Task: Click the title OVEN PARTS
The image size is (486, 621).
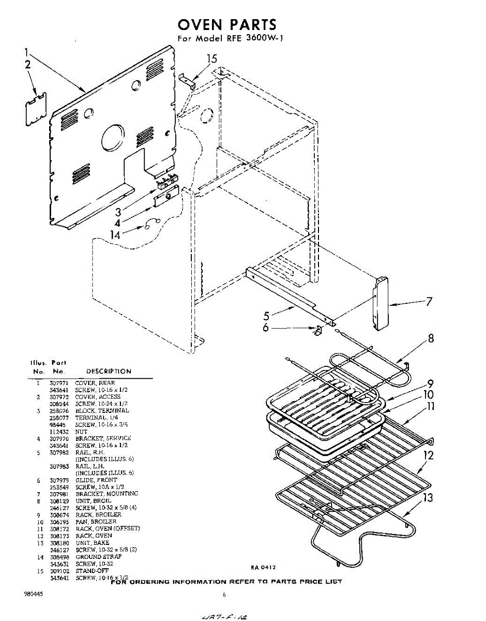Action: [x=227, y=24]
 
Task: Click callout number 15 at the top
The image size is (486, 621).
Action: [x=212, y=59]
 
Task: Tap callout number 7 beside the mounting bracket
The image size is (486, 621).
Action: [x=429, y=302]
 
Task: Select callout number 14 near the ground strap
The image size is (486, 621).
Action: [x=117, y=234]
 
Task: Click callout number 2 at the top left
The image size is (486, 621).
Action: [x=27, y=65]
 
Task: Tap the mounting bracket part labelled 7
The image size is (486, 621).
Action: [x=382, y=303]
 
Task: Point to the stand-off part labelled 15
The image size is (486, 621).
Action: [x=187, y=80]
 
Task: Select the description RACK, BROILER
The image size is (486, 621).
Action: [x=98, y=514]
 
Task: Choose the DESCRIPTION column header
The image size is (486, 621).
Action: [x=109, y=371]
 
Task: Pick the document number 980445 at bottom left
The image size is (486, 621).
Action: [x=34, y=594]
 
